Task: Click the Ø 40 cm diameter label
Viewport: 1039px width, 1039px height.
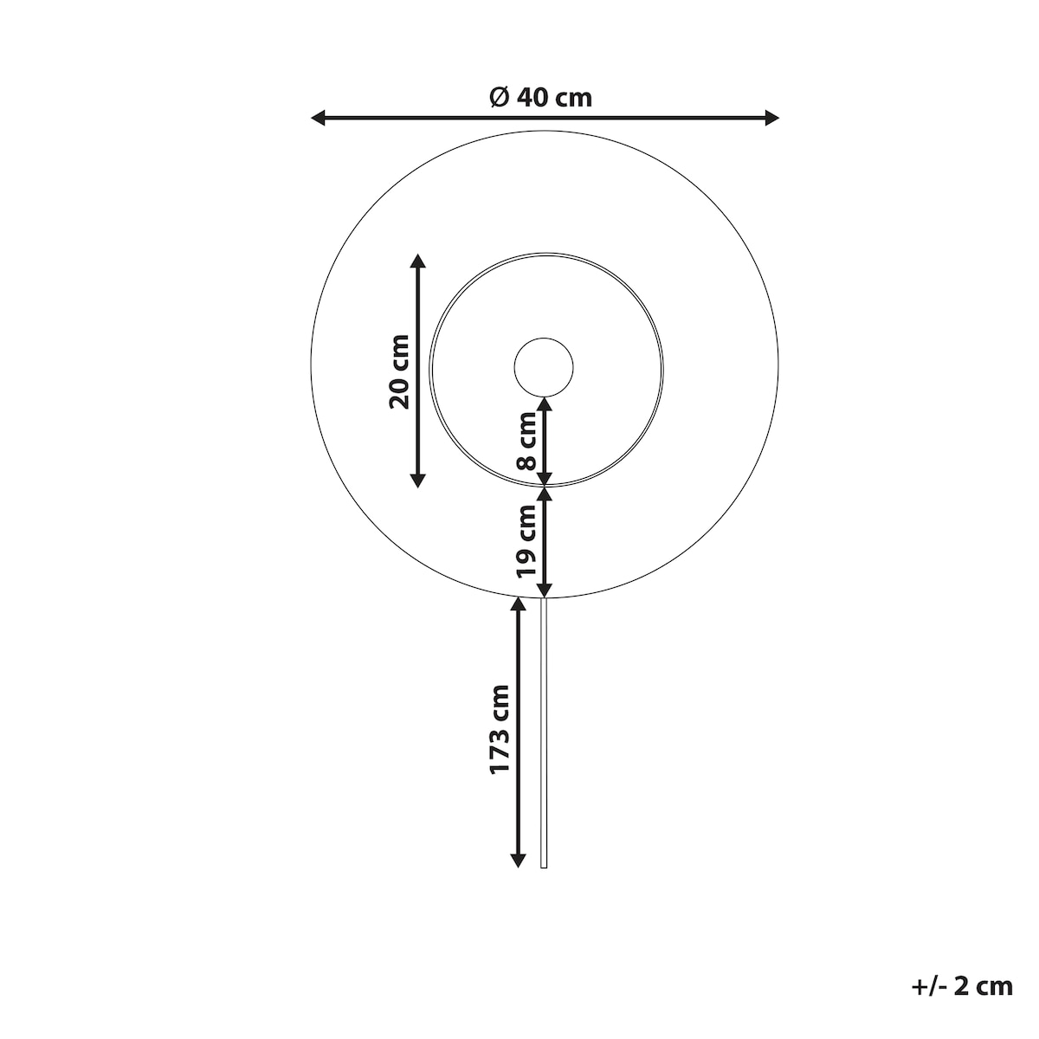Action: pyautogui.click(x=540, y=98)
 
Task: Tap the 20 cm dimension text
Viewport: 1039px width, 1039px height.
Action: pyautogui.click(x=399, y=371)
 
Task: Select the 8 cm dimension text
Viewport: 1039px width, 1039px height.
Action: pyautogui.click(x=526, y=441)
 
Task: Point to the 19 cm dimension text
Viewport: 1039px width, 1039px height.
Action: pyautogui.click(x=526, y=540)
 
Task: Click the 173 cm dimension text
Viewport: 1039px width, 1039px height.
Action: pyautogui.click(x=500, y=730)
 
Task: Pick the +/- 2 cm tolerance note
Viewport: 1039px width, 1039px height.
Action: pyautogui.click(x=962, y=987)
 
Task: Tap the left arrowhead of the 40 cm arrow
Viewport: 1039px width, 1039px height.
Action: pyautogui.click(x=318, y=118)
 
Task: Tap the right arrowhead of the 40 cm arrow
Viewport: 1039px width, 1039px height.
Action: pyautogui.click(x=771, y=118)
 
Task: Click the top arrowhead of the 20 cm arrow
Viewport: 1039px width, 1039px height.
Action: pyautogui.click(x=418, y=261)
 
